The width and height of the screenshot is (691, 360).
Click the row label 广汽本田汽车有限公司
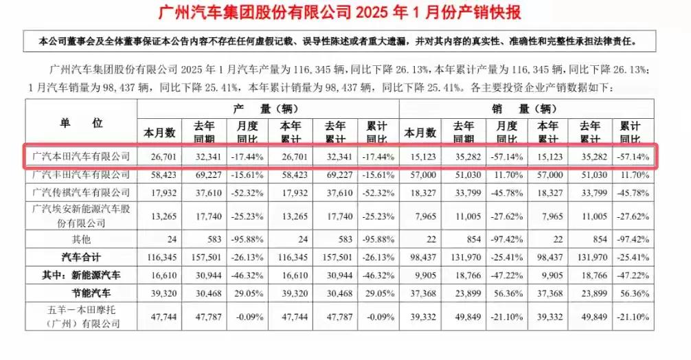click(x=80, y=157)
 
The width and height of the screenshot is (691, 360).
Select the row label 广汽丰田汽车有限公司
click(x=80, y=175)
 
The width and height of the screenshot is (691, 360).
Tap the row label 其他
click(x=80, y=240)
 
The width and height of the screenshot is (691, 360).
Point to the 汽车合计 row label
click(x=80, y=257)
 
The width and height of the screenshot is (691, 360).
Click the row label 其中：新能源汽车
click(x=80, y=274)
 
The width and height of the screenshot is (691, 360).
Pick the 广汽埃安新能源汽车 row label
click(x=80, y=214)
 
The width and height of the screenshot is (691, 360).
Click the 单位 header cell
click(x=80, y=123)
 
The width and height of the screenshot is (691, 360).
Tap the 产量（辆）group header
click(x=267, y=109)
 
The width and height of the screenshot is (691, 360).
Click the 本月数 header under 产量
click(x=159, y=131)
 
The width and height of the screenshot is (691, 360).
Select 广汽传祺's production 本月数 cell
click(x=159, y=192)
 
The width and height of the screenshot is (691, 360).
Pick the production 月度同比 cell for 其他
click(x=247, y=240)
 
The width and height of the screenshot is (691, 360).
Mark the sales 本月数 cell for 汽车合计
click(x=420, y=257)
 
